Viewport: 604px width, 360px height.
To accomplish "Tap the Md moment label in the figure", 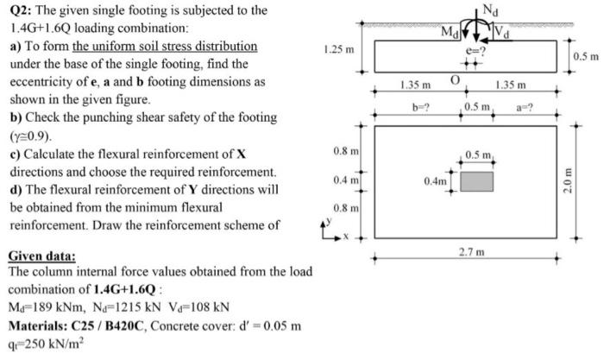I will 450,33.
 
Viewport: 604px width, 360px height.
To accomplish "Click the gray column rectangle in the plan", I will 477,181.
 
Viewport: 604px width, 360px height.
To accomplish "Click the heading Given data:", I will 41,256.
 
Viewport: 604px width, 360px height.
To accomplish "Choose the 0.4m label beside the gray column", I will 435,181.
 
